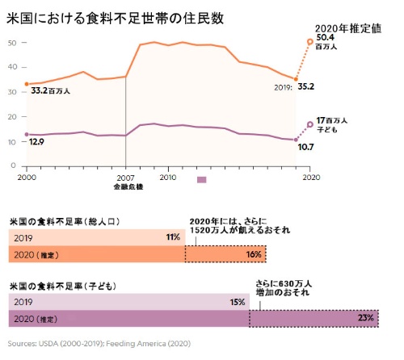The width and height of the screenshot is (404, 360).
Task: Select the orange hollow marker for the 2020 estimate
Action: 309,42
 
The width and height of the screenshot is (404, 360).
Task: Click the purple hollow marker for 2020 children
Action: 309,125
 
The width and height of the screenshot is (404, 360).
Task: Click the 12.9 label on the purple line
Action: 36,141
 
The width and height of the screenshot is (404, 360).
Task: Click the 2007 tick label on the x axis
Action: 126,176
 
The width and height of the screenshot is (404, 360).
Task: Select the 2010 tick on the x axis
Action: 168,176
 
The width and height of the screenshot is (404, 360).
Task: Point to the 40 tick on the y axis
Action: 12,67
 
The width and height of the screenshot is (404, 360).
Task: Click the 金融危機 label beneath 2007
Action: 127,186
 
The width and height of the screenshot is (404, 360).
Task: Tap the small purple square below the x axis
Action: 201,180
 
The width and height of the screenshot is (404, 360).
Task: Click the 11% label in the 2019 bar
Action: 172,237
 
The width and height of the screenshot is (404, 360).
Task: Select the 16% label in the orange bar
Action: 253,254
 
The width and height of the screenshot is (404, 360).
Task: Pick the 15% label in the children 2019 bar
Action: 237,302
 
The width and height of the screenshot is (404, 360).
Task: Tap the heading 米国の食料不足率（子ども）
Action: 61,287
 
